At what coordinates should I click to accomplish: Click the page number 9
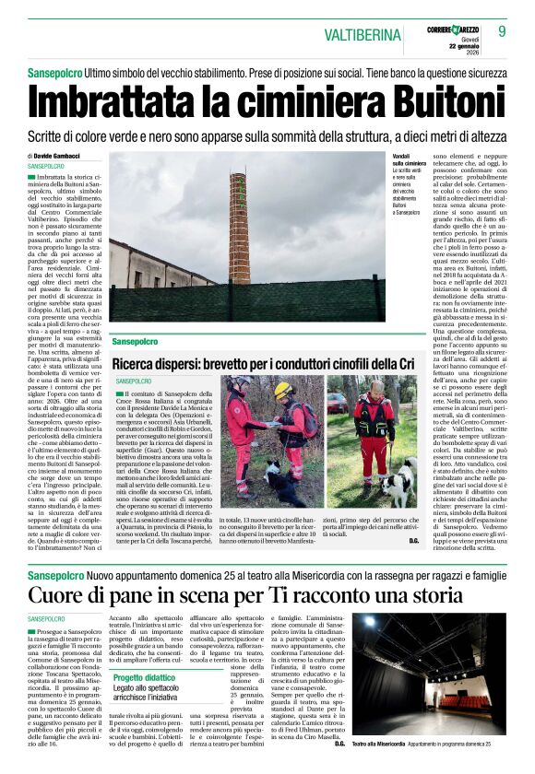[x=503, y=30]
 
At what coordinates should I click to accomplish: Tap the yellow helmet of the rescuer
[x=281, y=390]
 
